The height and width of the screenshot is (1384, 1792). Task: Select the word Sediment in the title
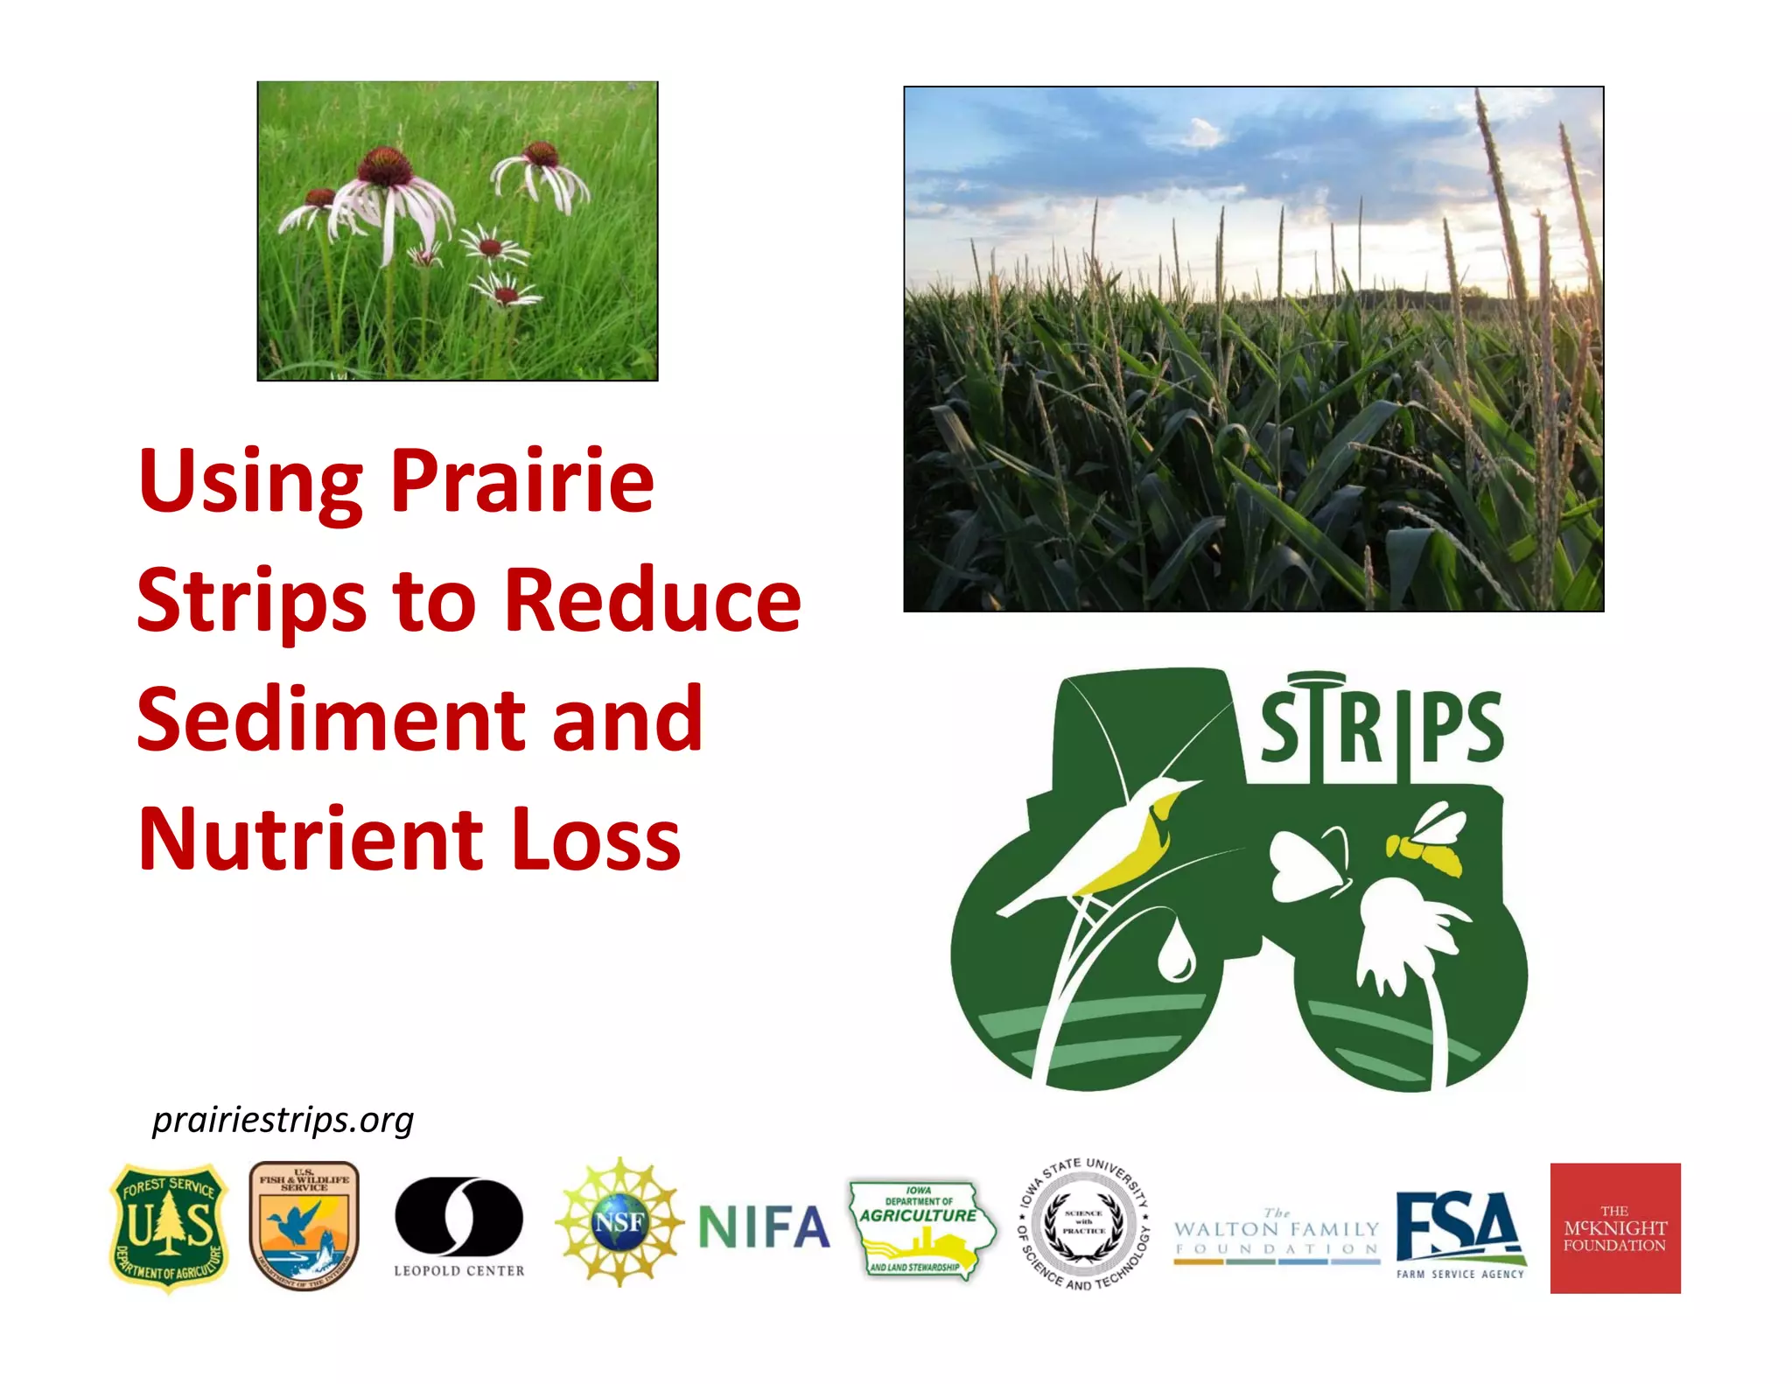click(x=328, y=719)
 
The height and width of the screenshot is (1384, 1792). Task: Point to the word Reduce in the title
click(x=653, y=600)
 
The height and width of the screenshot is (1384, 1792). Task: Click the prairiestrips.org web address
click(x=283, y=1120)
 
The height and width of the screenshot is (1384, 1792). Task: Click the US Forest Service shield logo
click(x=168, y=1227)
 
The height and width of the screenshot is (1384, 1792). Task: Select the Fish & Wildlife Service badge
click(x=304, y=1225)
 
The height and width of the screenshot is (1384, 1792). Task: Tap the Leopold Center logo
click(x=458, y=1225)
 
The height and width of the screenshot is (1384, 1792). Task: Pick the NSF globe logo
click(x=619, y=1221)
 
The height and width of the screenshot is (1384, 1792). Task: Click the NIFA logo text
click(x=764, y=1227)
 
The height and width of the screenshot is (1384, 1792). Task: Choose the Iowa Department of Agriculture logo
click(x=920, y=1228)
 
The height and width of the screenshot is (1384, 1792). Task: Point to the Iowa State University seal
click(x=1084, y=1223)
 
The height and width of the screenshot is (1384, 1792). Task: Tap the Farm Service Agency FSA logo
click(x=1459, y=1232)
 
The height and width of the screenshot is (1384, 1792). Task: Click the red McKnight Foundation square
click(x=1614, y=1227)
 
